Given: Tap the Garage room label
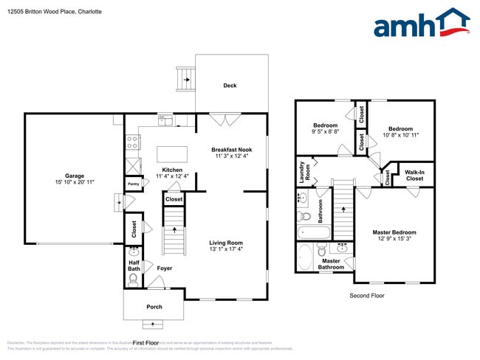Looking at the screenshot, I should pyautogui.click(x=74, y=176).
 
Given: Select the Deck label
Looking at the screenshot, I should pyautogui.click(x=230, y=86).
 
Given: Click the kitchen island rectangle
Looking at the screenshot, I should pyautogui.click(x=171, y=153).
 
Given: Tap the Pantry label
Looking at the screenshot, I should pyautogui.click(x=134, y=184).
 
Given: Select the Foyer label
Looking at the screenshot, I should pyautogui.click(x=165, y=268).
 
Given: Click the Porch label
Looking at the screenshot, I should pyautogui.click(x=154, y=307).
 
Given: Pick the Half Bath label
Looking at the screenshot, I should pyautogui.click(x=134, y=265).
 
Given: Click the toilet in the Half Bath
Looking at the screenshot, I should pyautogui.click(x=133, y=280).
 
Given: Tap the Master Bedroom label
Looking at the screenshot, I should pyautogui.click(x=394, y=232).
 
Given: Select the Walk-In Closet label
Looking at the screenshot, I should pyautogui.click(x=414, y=176).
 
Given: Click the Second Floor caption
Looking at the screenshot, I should pyautogui.click(x=366, y=295).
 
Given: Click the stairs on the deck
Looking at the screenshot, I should pyautogui.click(x=184, y=76).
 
